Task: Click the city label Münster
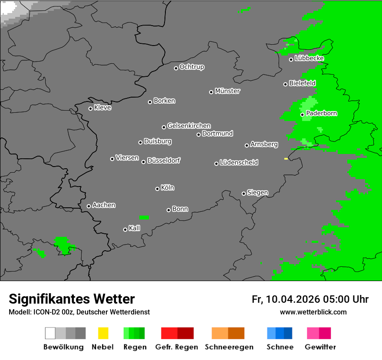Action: click(x=227, y=91)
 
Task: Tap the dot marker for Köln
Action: click(x=157, y=189)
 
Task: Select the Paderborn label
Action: click(x=322, y=113)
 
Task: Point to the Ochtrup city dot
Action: click(x=176, y=68)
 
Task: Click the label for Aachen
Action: click(x=104, y=205)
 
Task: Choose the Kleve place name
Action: click(x=102, y=108)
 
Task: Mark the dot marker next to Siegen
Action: click(x=244, y=193)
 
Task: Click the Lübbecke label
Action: click(x=309, y=58)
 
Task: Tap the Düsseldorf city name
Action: click(x=164, y=160)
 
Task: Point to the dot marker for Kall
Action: click(x=125, y=229)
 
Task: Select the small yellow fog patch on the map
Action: click(x=286, y=159)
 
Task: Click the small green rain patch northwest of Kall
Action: click(x=144, y=217)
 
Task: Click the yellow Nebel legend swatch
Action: click(x=103, y=333)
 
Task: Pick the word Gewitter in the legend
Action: click(x=320, y=347)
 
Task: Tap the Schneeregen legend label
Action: click(x=229, y=347)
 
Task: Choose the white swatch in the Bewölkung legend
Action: click(x=50, y=333)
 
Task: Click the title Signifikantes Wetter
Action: click(x=72, y=299)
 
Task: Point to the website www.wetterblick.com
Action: click(x=313, y=312)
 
